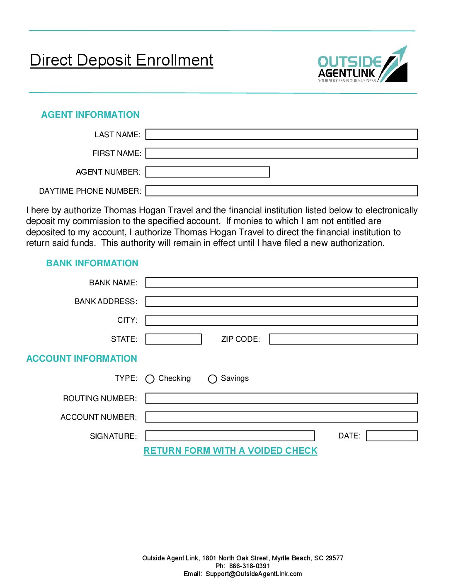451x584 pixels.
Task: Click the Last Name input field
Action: (x=281, y=134)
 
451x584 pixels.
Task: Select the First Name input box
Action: (x=281, y=153)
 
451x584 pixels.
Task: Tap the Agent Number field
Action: (x=208, y=172)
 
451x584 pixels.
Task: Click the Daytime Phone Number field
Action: (x=281, y=191)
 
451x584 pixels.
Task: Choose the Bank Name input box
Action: (x=281, y=283)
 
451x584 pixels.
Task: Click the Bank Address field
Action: (x=281, y=302)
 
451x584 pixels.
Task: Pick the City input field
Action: (x=281, y=320)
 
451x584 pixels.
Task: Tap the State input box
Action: (x=173, y=339)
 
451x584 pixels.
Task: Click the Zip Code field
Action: (x=343, y=339)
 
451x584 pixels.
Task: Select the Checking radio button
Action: (x=150, y=379)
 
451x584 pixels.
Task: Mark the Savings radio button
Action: (x=213, y=379)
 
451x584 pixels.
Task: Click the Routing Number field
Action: (x=281, y=399)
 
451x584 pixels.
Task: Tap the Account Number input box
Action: (x=281, y=417)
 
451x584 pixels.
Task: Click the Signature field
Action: (x=230, y=436)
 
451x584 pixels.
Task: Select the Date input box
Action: (x=392, y=436)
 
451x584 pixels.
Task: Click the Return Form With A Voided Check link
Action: (x=230, y=451)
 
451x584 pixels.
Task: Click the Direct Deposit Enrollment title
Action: (x=121, y=61)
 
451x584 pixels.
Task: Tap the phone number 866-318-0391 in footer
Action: (x=250, y=566)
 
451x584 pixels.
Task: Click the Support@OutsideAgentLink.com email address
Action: (x=254, y=574)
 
